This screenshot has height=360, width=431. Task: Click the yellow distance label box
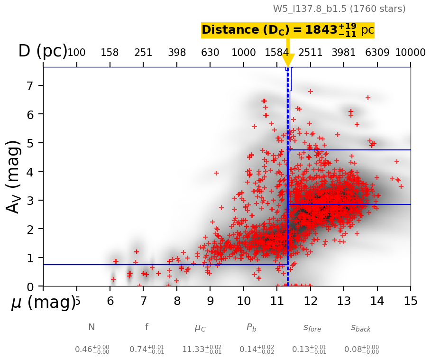287,30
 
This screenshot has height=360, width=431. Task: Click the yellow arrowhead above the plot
288,60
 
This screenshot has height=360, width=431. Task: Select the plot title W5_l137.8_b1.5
339,9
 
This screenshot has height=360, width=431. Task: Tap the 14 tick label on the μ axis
377,301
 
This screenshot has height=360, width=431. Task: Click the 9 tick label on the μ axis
210,301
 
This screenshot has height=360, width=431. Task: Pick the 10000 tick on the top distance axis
410,53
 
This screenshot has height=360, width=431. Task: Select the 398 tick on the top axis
177,53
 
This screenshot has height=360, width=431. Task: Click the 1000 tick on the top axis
244,53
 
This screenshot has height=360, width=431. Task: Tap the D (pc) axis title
43,51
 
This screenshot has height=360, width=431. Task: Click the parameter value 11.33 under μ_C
202,350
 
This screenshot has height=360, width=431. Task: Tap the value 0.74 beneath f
147,350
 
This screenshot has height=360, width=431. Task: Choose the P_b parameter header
251,328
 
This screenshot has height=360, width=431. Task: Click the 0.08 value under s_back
361,350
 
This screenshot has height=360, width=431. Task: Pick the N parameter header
92,327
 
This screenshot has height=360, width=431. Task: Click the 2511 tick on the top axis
310,53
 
